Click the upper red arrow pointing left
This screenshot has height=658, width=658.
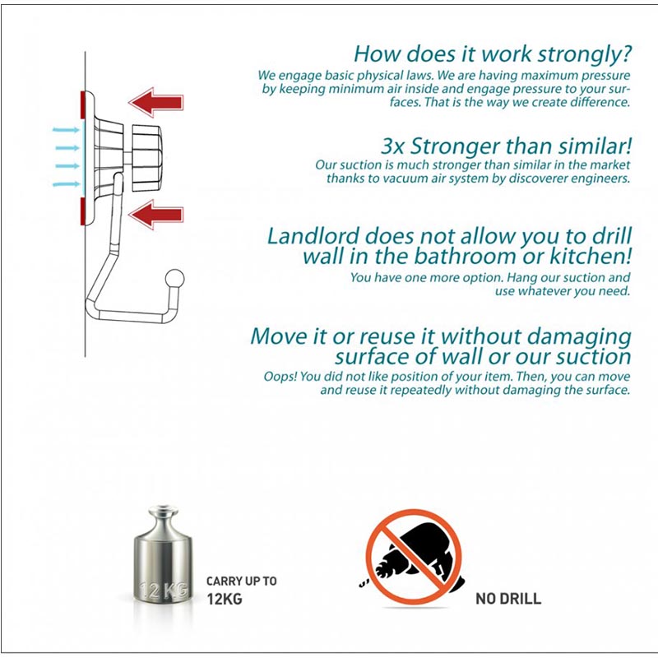coord(155,102)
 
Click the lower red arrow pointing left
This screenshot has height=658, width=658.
coord(155,215)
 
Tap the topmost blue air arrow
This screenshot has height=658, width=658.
coord(66,130)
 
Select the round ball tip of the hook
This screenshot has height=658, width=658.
coord(174,279)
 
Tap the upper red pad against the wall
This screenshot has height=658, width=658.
coord(83,104)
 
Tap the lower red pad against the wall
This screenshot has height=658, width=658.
coord(83,211)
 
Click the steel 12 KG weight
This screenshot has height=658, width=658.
coord(163,554)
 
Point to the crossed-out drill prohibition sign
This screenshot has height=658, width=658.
coord(414,557)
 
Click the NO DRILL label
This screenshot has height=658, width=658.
coord(508,599)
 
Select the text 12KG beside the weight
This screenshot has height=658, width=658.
coord(225,599)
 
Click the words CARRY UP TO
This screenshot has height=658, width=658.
coord(241,582)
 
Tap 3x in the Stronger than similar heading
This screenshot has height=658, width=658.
coord(393,146)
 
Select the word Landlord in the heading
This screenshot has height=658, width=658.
coord(313,236)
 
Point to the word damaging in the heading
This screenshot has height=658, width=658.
coord(579,337)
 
